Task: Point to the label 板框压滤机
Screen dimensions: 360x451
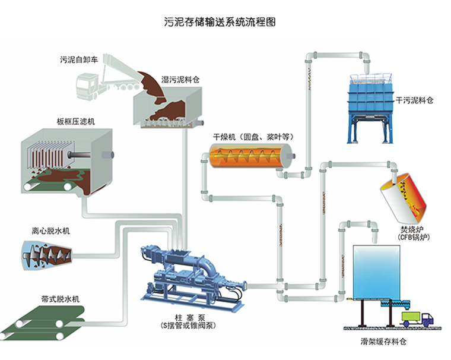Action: point(72,122)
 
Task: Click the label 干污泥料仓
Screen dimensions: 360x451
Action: point(415,100)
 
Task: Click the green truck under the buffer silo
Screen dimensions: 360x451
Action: point(415,318)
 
